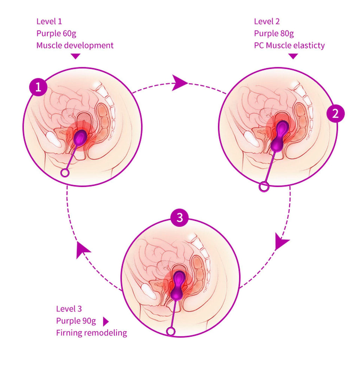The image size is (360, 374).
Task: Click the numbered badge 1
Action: pos(38,87)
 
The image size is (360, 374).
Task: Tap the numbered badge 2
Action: pos(335,113)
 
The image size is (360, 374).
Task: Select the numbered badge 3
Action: pos(180,218)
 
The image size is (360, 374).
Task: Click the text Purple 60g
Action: pos(57,33)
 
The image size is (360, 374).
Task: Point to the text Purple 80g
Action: pos(274,33)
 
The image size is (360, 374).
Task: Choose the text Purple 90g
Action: pos(76,321)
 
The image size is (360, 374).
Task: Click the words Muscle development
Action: pos(75,45)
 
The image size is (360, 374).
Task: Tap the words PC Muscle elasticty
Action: pos(289,45)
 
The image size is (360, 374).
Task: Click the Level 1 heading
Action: pos(49,21)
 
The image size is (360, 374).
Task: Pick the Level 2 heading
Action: pos(267,21)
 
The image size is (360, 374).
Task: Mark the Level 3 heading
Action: pos(69,309)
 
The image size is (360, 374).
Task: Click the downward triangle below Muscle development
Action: pos(76,56)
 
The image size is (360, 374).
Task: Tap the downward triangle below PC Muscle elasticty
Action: pos(293,56)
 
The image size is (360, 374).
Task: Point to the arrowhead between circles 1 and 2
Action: pos(180,83)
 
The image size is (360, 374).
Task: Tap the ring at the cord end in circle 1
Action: pos(65,173)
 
